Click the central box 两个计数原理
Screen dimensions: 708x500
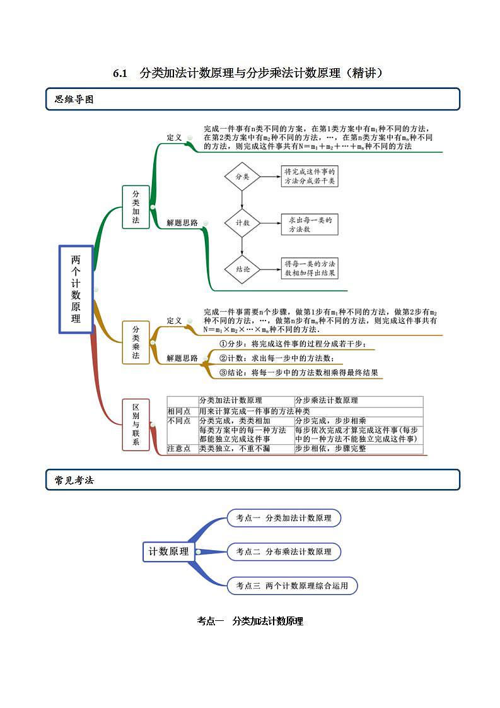(76, 289)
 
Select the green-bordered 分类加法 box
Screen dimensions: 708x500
(136, 207)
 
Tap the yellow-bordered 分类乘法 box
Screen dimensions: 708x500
(136, 343)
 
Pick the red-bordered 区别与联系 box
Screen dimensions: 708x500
(136, 424)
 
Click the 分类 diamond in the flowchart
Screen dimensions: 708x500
(242, 177)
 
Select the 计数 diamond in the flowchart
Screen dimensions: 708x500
(242, 223)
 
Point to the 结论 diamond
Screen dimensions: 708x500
(242, 268)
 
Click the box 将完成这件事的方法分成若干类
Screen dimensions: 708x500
(310, 176)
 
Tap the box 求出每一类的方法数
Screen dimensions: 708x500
(310, 223)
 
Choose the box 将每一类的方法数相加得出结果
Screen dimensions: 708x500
(310, 268)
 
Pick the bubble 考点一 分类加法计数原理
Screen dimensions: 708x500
(284, 518)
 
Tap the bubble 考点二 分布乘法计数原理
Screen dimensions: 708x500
(284, 552)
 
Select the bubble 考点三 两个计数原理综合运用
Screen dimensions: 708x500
(292, 586)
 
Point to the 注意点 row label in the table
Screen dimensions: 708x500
(178, 449)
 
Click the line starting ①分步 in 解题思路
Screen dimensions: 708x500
(292, 345)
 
